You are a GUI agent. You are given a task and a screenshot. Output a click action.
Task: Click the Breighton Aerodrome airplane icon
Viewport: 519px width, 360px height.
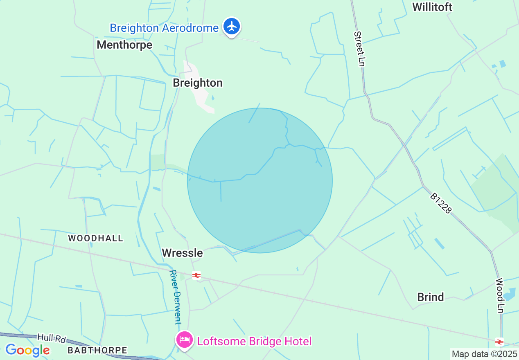(x=232, y=27)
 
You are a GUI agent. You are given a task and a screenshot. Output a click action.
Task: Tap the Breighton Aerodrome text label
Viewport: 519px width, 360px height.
(x=164, y=28)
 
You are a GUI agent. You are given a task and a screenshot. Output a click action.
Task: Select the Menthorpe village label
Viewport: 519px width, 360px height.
(x=124, y=45)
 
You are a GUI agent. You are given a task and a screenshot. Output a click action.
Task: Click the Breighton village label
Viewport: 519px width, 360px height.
(x=198, y=83)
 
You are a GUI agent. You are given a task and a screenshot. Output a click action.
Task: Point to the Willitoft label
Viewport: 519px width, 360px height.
(x=432, y=7)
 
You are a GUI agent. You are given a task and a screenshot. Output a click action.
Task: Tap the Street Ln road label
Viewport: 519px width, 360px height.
(x=359, y=49)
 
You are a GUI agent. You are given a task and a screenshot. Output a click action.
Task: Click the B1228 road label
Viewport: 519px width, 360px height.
(x=441, y=203)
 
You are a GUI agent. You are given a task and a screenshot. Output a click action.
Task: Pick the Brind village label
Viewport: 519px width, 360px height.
(x=431, y=297)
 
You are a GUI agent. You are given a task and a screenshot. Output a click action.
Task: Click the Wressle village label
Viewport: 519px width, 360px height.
(x=182, y=253)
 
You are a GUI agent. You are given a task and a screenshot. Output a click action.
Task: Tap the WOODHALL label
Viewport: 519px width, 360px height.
(x=95, y=238)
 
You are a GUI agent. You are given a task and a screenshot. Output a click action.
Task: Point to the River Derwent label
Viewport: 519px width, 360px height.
(x=176, y=297)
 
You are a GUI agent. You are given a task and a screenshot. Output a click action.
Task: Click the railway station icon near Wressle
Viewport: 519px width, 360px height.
(x=196, y=275)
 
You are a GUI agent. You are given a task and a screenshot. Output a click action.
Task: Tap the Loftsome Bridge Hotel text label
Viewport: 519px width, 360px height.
(x=254, y=341)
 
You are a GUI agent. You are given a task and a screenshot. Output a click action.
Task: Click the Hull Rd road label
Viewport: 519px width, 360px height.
(x=52, y=338)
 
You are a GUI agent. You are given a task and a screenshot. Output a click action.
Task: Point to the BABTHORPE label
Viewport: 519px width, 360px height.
(x=97, y=350)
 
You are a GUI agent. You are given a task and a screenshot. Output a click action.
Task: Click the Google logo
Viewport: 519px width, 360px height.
(x=27, y=350)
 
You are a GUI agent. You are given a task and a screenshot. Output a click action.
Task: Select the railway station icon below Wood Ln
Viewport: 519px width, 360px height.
(x=499, y=342)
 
